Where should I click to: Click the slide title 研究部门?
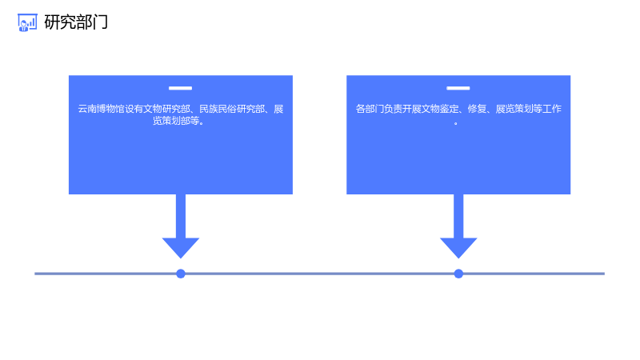point(76,22)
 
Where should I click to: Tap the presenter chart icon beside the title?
point(27,22)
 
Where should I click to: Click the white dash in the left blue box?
point(181,88)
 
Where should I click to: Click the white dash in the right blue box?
point(458,88)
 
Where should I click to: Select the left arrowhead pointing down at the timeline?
point(181,246)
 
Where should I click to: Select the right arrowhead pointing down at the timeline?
point(458,246)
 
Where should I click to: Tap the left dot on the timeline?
point(181,274)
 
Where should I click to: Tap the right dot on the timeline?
point(458,274)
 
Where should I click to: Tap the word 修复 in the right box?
point(477,109)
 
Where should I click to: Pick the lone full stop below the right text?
point(456,123)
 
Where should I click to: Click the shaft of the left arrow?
point(181,216)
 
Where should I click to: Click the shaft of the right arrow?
point(458,216)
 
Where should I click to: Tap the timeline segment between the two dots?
point(319,274)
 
